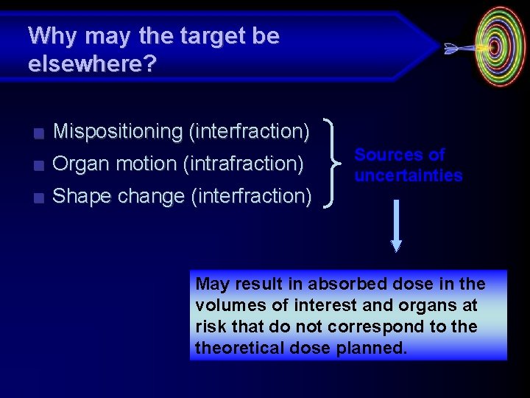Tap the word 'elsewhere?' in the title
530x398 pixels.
click(92, 64)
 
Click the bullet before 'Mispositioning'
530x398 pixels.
click(39, 133)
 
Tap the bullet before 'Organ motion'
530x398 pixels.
click(39, 166)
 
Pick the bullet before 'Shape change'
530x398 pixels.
click(39, 198)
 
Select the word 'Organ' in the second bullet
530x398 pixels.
click(78, 164)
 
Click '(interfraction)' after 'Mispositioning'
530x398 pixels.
click(249, 131)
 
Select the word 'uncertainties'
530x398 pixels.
click(409, 175)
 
